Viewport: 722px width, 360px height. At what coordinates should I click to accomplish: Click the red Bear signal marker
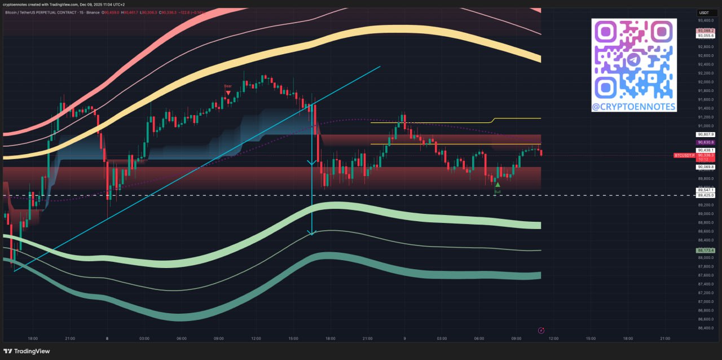point(228,91)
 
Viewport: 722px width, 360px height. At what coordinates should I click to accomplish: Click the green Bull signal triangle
point(498,185)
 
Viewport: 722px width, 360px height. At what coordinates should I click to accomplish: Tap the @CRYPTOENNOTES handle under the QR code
point(634,106)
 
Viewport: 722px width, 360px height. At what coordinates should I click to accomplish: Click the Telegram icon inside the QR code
point(634,59)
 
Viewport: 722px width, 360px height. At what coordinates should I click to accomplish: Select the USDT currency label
point(704,12)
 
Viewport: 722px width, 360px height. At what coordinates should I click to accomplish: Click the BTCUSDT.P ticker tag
point(684,155)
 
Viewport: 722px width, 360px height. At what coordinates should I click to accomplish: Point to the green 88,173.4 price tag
point(706,250)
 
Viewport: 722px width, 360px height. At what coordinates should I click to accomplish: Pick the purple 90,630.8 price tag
point(706,143)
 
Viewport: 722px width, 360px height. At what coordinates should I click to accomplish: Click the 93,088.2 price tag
point(706,30)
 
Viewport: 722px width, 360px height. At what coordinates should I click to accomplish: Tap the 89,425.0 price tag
point(706,195)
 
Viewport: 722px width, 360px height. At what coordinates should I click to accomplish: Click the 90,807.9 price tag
point(706,134)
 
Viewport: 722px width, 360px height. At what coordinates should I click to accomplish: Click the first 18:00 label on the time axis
point(33,339)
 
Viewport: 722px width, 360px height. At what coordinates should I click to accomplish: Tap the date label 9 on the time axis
point(404,339)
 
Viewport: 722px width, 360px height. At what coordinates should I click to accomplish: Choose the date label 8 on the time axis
point(107,339)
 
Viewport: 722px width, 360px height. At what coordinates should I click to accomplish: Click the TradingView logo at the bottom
point(28,351)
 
